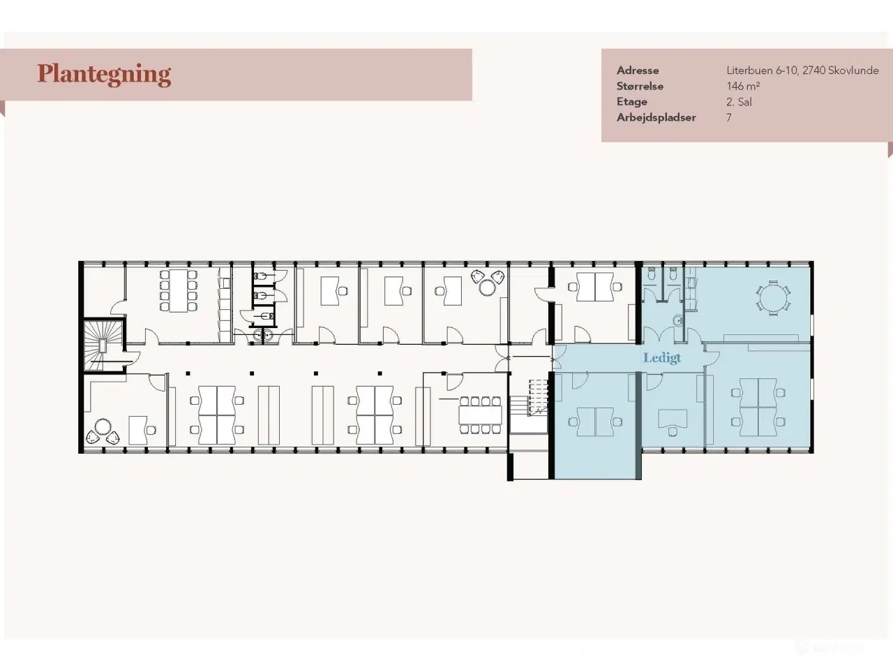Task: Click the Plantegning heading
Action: pos(104,75)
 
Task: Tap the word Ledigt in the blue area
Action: pos(662,358)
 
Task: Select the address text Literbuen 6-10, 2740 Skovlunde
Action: pos(802,70)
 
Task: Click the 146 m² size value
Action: pos(743,87)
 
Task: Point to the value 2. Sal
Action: pos(739,102)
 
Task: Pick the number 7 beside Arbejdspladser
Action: pos(729,117)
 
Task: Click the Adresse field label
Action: pos(638,70)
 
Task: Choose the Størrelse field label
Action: pos(640,87)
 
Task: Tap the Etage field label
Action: pos(632,102)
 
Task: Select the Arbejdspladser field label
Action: pos(656,117)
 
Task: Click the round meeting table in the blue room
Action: pos(773,297)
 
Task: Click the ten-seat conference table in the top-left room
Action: pos(178,290)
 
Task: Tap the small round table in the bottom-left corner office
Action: pos(103,428)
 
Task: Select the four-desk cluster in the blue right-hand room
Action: pos(758,407)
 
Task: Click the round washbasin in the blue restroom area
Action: pos(678,321)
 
